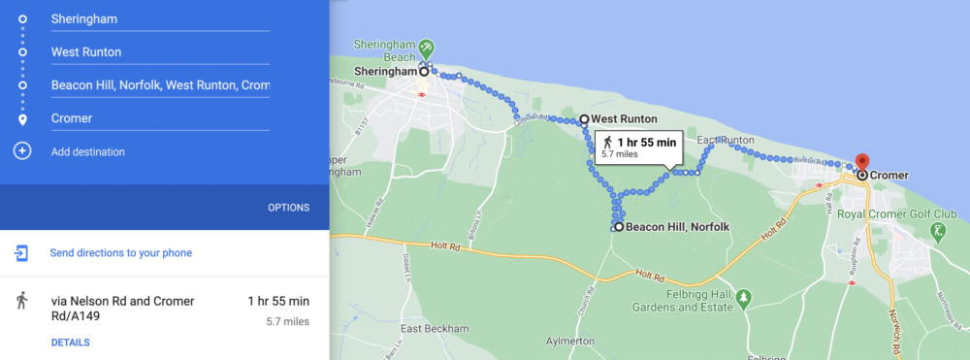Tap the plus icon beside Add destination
(22, 151)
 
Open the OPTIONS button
(288, 208)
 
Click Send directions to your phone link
(120, 253)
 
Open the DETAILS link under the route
(70, 343)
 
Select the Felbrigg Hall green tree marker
(743, 297)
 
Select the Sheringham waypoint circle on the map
(424, 71)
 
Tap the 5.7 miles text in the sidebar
(287, 321)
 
